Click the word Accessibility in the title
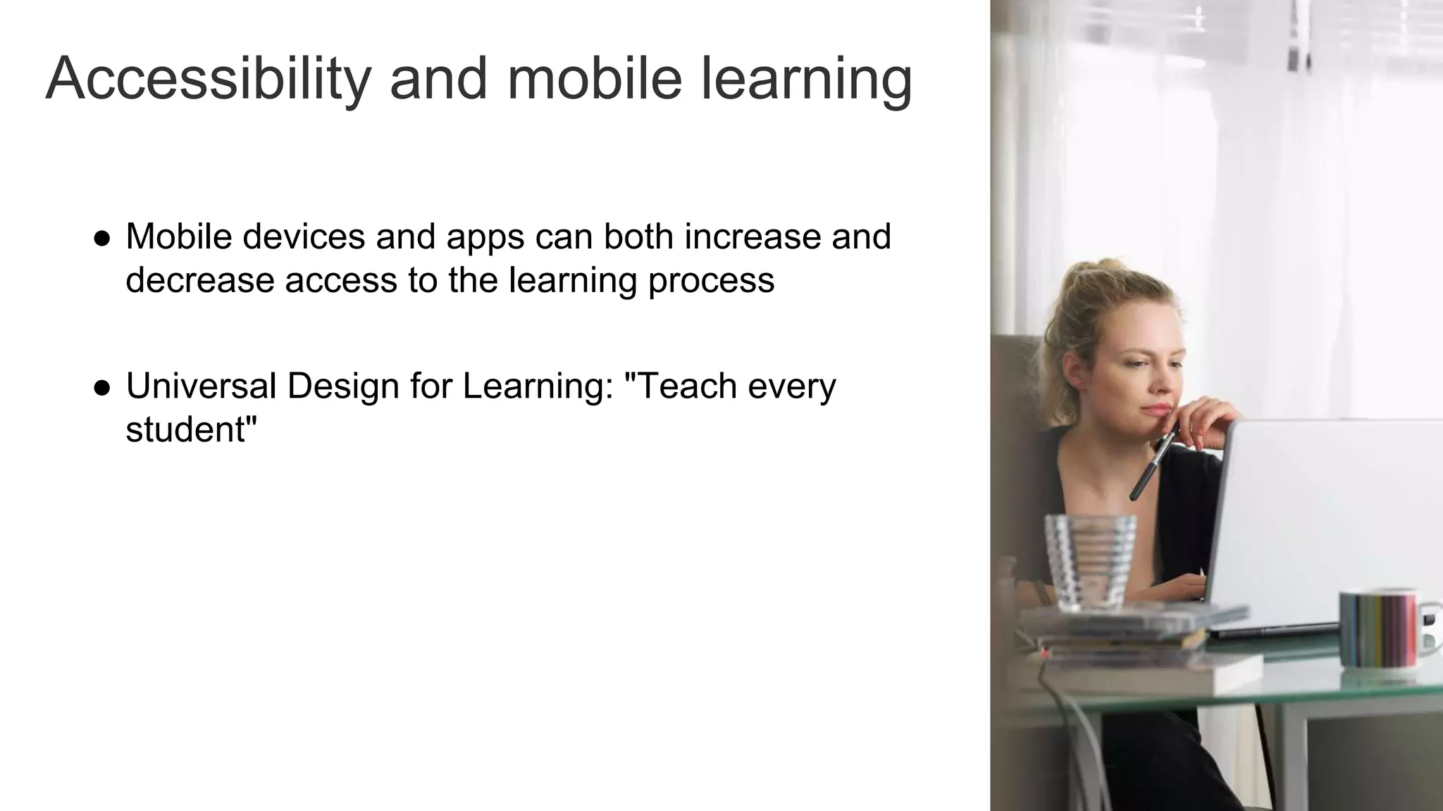click(208, 79)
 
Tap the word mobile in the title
click(594, 79)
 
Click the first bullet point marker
click(102, 238)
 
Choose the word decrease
click(200, 280)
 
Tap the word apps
click(485, 238)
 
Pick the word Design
click(343, 386)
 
